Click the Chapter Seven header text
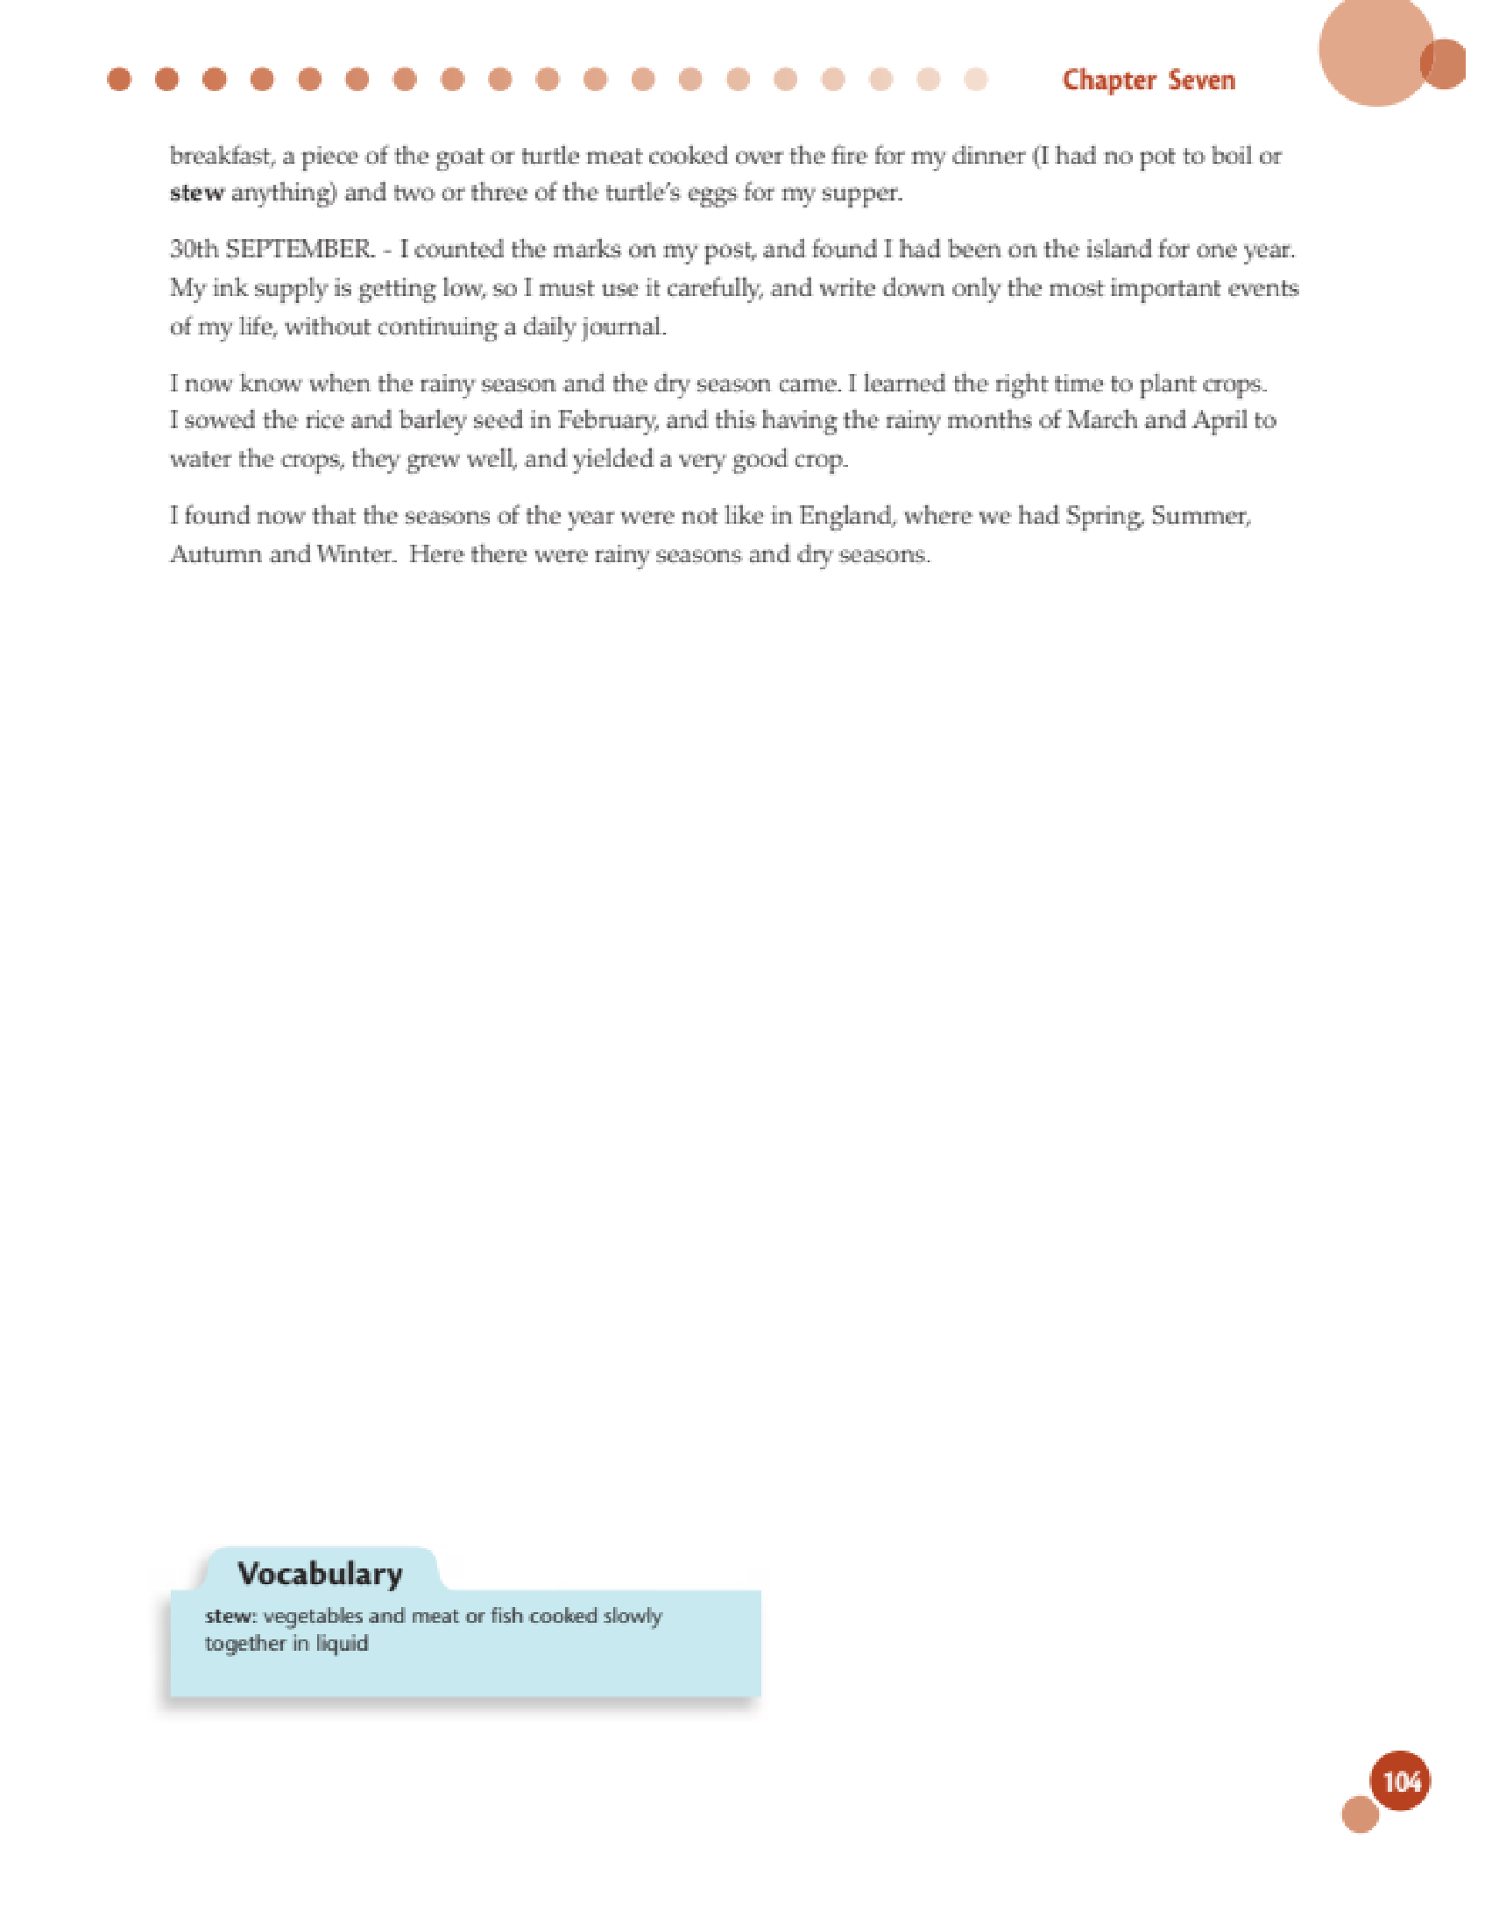coord(1148,81)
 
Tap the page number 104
coord(1401,1781)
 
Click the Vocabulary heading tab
coord(320,1574)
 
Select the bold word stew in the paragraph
coord(197,194)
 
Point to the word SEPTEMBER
coord(300,250)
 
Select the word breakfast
coord(222,156)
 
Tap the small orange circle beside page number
coord(1361,1815)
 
